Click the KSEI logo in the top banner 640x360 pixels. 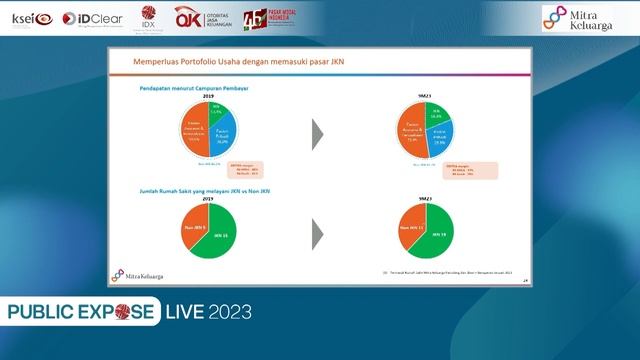31,18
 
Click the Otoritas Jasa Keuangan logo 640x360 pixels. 204,18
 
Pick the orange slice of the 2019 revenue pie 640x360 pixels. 193,131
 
